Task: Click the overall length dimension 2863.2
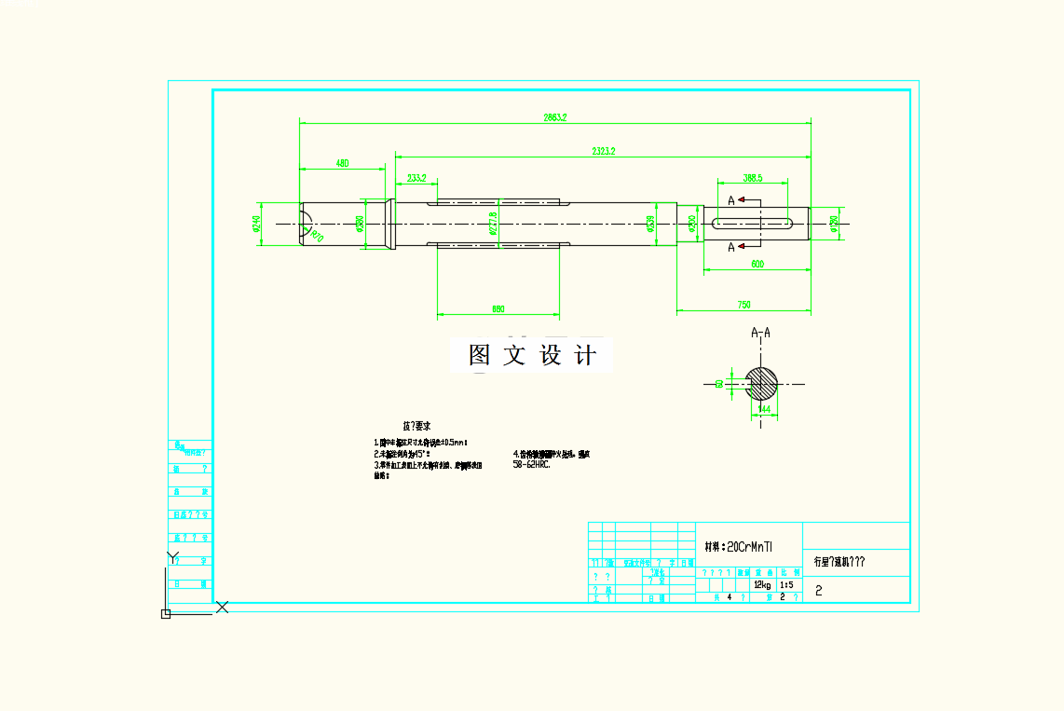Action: [x=555, y=117]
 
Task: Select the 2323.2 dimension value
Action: [x=603, y=150]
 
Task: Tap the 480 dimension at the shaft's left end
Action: [x=342, y=164]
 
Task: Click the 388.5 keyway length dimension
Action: [x=753, y=177]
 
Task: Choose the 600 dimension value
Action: [x=757, y=265]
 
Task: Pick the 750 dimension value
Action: [x=743, y=305]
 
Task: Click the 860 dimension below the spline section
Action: [x=498, y=308]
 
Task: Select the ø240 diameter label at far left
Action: [x=256, y=225]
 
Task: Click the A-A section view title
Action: [x=760, y=332]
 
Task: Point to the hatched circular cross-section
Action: [x=761, y=383]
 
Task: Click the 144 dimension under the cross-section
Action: [x=764, y=408]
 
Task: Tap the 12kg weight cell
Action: [x=761, y=585]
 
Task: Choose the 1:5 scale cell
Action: [x=786, y=585]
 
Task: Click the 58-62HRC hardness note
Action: [x=532, y=463]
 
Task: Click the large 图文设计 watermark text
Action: [x=532, y=355]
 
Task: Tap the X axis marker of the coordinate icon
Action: [x=223, y=607]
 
